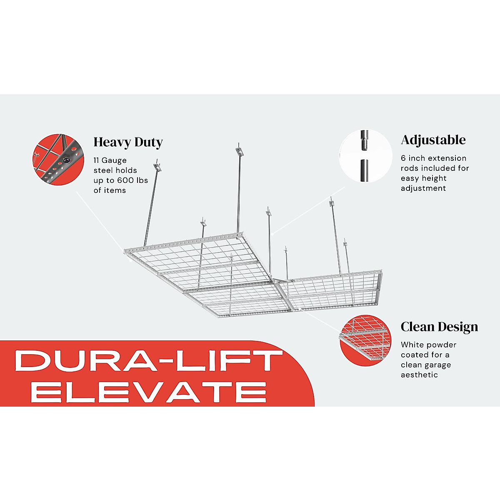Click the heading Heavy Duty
(128, 142)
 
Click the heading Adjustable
(433, 140)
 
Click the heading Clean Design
(439, 327)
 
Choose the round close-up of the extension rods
(365, 156)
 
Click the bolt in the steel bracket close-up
(66, 160)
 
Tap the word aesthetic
(419, 375)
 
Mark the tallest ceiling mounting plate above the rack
(239, 149)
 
